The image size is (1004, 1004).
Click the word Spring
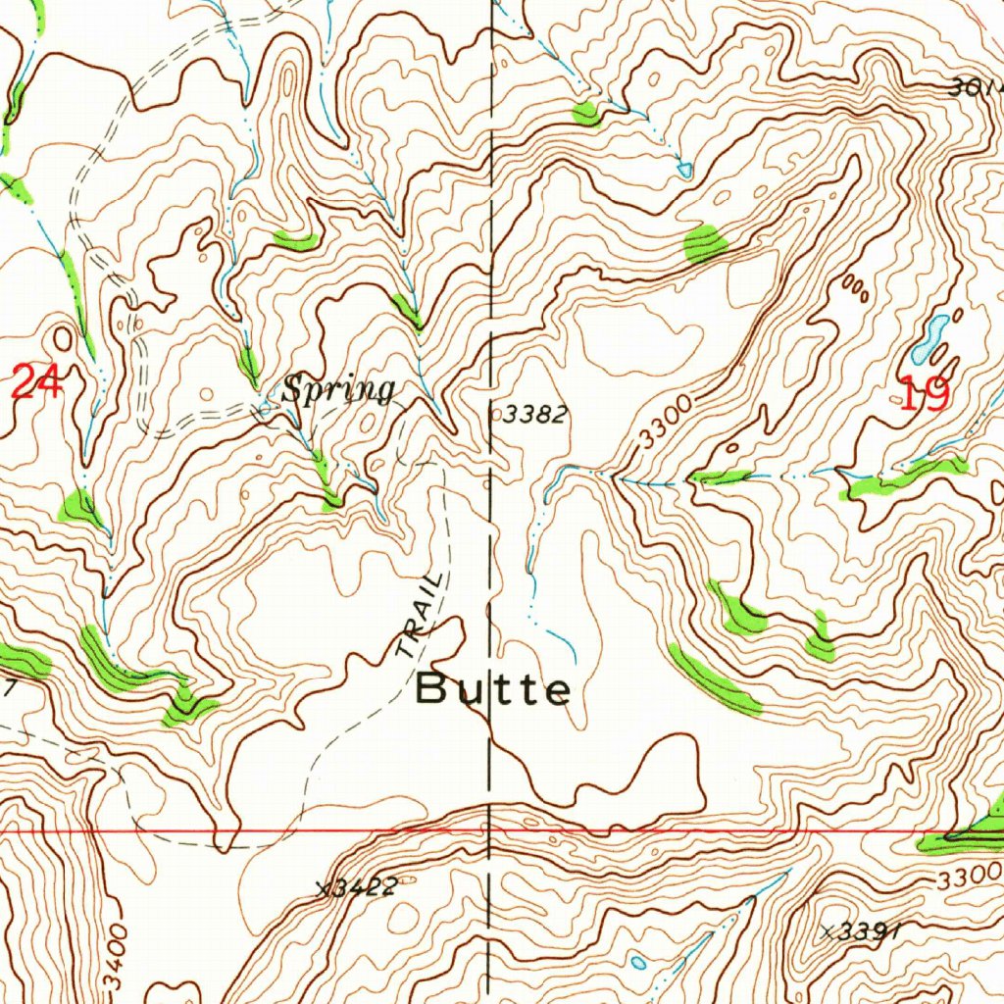click(338, 390)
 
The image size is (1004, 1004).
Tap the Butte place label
click(493, 689)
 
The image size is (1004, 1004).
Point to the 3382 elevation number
click(535, 415)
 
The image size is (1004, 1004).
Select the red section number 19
click(924, 394)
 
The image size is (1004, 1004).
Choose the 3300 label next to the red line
click(969, 876)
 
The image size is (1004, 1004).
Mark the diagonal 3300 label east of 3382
click(664, 424)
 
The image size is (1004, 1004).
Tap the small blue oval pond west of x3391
click(638, 962)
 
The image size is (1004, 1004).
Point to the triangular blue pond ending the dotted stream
click(684, 170)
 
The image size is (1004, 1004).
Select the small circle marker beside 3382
click(496, 416)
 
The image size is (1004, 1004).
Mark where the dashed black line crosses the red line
click(490, 830)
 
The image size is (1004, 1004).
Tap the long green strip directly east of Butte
click(714, 678)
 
